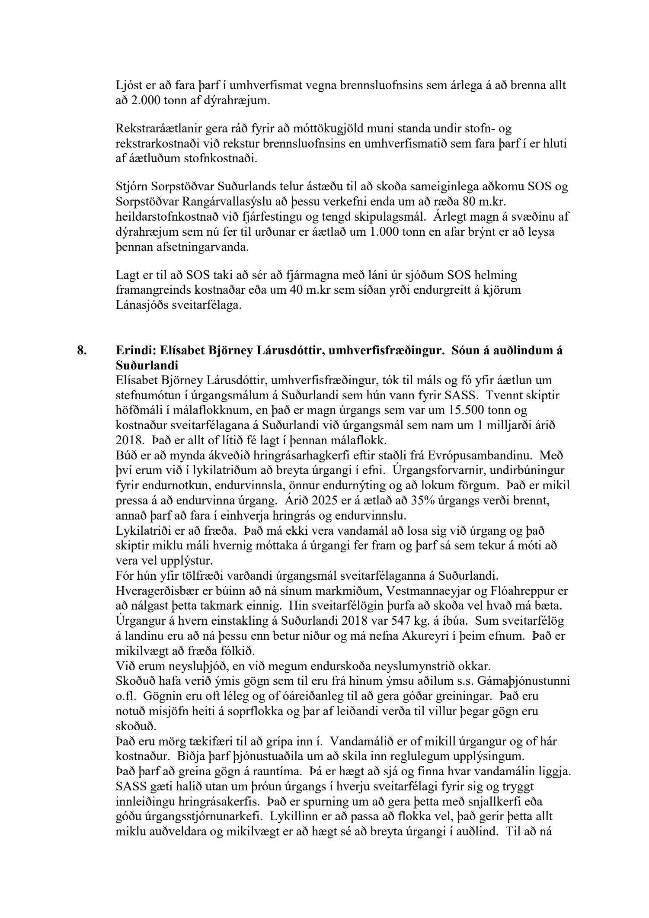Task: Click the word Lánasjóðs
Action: pyautogui.click(x=139, y=305)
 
